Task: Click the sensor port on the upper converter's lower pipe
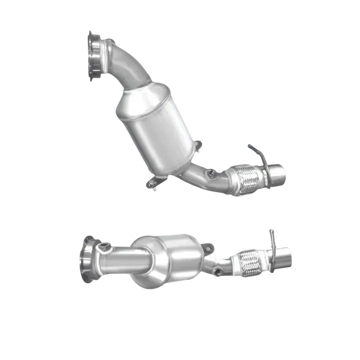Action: pos(211,171)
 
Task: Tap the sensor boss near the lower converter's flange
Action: pos(105,245)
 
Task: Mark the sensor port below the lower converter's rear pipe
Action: pos(218,270)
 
